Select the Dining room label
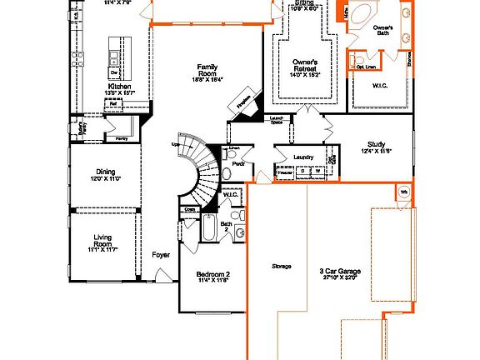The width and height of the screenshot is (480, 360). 106,172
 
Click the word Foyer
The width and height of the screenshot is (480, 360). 161,256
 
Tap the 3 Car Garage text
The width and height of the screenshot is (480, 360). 338,271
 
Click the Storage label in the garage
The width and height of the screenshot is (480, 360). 281,267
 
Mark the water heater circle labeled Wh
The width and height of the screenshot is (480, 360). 404,192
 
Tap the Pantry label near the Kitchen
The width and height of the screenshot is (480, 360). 122,138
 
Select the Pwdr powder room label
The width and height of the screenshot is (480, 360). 238,163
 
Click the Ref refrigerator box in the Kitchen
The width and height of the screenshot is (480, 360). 112,104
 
